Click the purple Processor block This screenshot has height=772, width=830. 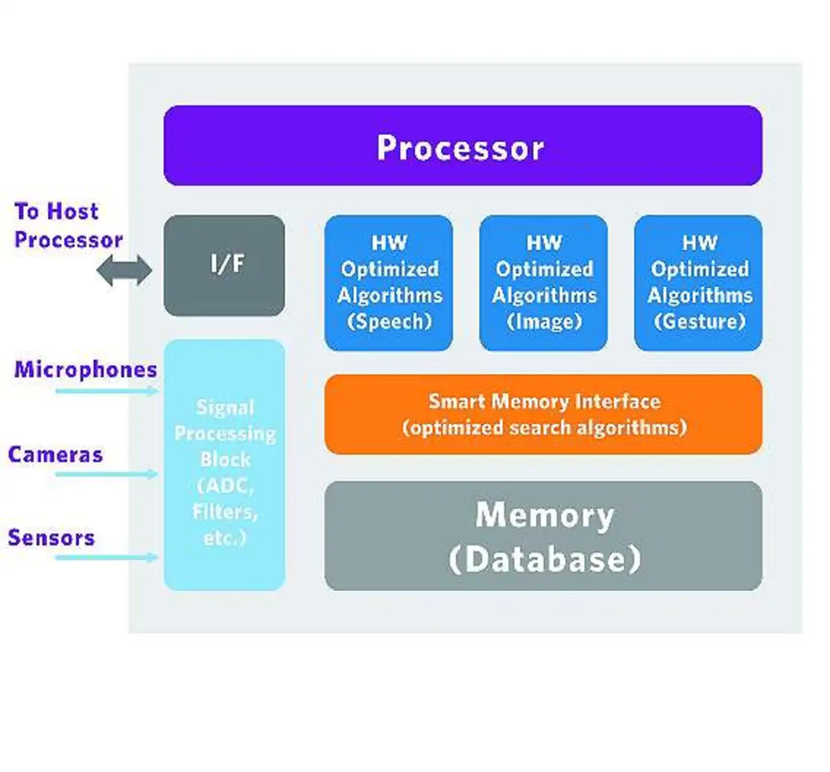click(x=462, y=146)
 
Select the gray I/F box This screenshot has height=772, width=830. click(x=224, y=265)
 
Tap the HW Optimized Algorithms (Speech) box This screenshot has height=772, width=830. click(x=388, y=282)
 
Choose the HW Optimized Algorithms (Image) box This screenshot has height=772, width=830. click(x=543, y=282)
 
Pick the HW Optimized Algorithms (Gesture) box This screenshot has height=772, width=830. click(x=698, y=282)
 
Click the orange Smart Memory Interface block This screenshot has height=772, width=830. click(x=543, y=414)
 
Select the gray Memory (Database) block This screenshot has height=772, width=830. click(x=543, y=536)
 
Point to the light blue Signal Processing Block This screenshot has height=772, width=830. click(x=224, y=464)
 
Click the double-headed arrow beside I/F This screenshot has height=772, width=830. click(x=124, y=271)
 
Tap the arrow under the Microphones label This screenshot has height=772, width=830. click(x=107, y=391)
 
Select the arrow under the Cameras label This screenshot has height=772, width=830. click(x=107, y=474)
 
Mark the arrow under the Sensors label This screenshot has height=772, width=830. click(x=107, y=557)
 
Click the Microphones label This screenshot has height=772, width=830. click(x=86, y=369)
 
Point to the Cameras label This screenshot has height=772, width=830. click(x=55, y=454)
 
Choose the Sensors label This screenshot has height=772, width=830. click(x=51, y=537)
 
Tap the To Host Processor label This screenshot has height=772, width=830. click(x=67, y=225)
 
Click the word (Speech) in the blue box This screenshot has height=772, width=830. click(x=389, y=321)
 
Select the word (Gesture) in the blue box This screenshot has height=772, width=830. click(x=700, y=321)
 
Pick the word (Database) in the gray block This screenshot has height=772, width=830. click(x=545, y=559)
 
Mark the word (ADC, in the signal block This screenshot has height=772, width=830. click(x=225, y=485)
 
